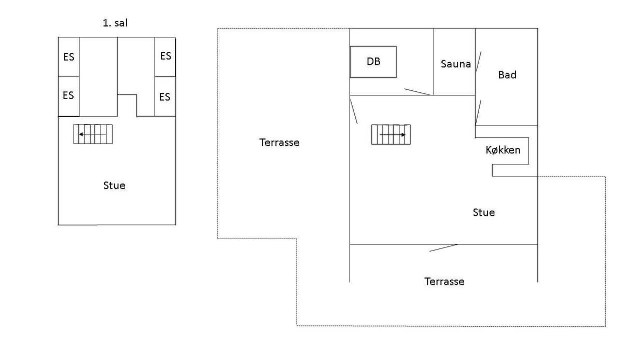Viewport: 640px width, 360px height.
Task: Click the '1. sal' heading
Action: click(115, 23)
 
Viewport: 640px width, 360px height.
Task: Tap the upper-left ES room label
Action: click(68, 57)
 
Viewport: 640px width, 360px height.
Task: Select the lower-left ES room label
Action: click(68, 95)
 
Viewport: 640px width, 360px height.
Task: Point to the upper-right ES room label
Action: click(166, 56)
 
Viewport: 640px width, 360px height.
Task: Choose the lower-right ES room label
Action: click(165, 97)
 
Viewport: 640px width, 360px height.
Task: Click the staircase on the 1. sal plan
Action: click(93, 134)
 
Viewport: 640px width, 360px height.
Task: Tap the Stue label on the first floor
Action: click(114, 185)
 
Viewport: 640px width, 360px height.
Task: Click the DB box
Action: click(373, 62)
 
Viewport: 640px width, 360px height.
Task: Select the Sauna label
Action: click(456, 64)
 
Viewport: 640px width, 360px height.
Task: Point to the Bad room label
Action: click(507, 75)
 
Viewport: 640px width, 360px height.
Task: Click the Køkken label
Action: click(503, 150)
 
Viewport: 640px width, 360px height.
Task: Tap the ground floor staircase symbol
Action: click(391, 134)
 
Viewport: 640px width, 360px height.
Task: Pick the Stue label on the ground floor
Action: click(484, 212)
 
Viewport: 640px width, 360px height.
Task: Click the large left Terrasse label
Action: click(279, 142)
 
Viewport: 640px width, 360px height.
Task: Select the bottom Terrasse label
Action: click(444, 282)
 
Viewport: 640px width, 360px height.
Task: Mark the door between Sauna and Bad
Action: click(479, 61)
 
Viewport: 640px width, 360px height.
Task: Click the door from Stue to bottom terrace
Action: click(443, 248)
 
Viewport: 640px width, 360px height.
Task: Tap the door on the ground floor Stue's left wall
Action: click(354, 111)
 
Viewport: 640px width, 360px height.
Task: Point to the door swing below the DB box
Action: click(417, 92)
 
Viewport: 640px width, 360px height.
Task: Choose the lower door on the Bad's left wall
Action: click(478, 113)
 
